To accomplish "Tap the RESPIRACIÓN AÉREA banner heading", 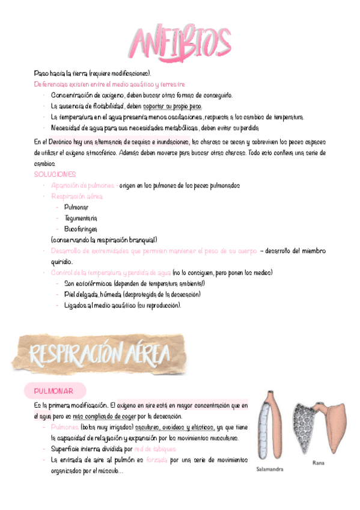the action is click(97, 355).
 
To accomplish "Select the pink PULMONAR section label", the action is click(54, 392).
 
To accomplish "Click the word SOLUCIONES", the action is click(55, 174).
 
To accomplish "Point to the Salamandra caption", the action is click(270, 469).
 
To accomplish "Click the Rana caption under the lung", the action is click(318, 463).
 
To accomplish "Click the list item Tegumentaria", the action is click(81, 218).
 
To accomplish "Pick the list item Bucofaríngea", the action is click(81, 229).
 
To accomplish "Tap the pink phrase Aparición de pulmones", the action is click(83, 185).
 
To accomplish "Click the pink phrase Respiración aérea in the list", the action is click(77, 196).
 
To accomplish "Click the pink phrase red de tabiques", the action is click(155, 449).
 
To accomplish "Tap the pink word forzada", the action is click(156, 460).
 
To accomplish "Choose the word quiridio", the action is click(62, 262).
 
